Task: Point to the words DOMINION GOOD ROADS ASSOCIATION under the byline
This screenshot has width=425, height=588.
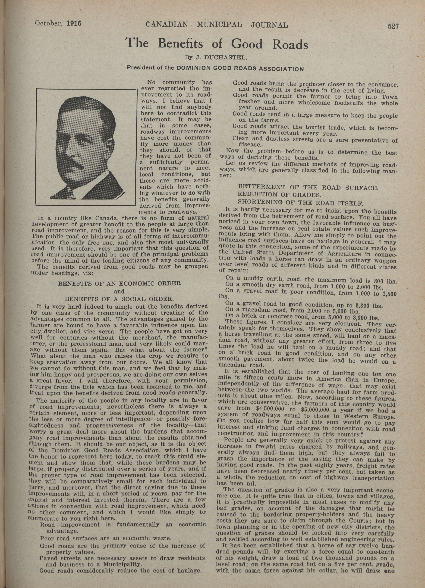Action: (x=240, y=69)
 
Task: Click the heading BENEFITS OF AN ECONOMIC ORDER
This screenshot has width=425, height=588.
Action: (x=119, y=283)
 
